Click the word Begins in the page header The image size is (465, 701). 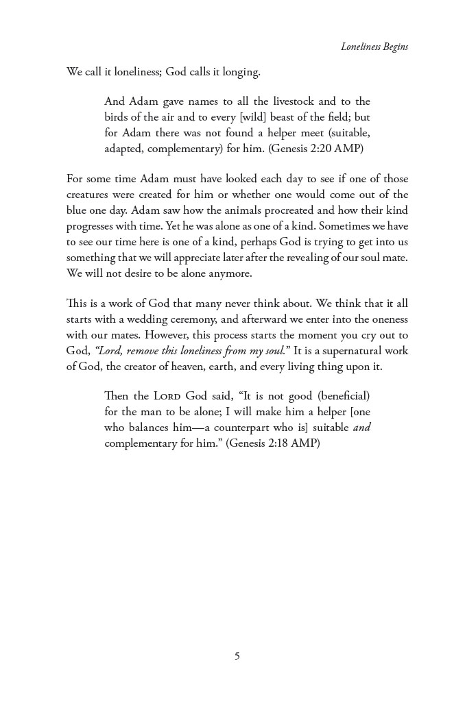(x=394, y=47)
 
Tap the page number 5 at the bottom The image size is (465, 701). (x=237, y=656)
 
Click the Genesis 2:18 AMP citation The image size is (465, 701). (x=273, y=443)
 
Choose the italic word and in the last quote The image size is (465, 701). (x=361, y=428)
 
